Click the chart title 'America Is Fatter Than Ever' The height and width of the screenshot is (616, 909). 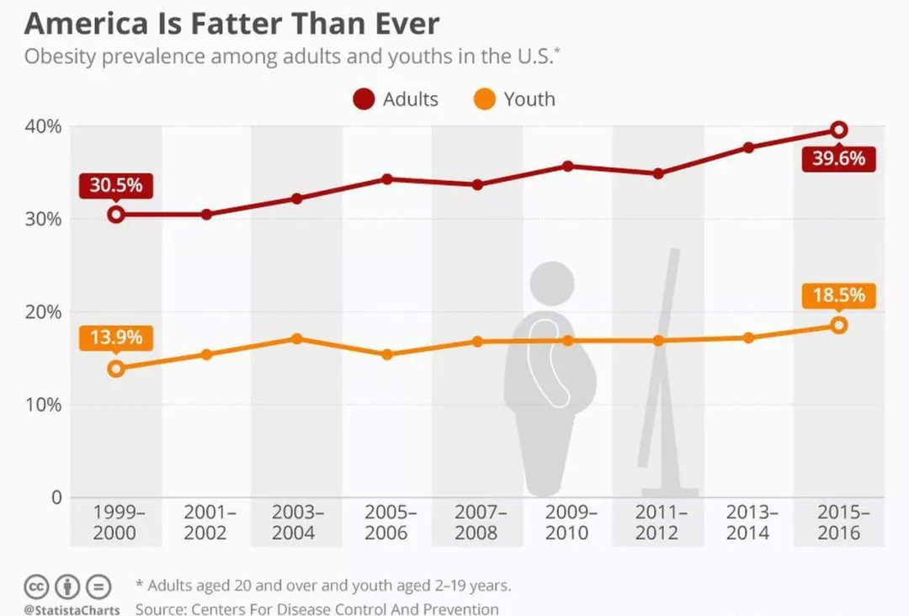pos(231,23)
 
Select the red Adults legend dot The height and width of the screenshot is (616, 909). pos(364,100)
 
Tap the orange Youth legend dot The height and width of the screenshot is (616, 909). pos(485,100)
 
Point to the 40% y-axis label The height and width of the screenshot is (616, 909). pos(43,127)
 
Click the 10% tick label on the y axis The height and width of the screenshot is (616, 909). pos(43,405)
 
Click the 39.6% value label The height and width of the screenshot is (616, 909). pos(838,158)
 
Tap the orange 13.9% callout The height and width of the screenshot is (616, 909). pos(116,338)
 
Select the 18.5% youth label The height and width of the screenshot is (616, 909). pos(838,296)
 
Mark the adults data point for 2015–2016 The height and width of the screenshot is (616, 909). pos(838,130)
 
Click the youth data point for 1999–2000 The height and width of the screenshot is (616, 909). pos(116,369)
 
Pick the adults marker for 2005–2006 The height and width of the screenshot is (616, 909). pos(387,179)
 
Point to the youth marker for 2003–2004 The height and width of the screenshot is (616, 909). pos(296,338)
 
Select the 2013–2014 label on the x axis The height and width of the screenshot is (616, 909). pos(747,523)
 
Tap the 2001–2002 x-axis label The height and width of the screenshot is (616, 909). pos(206,523)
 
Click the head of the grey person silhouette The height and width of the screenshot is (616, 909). pos(553,284)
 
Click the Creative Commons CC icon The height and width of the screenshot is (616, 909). pos(36,586)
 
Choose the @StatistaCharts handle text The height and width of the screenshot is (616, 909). pos(72,608)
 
